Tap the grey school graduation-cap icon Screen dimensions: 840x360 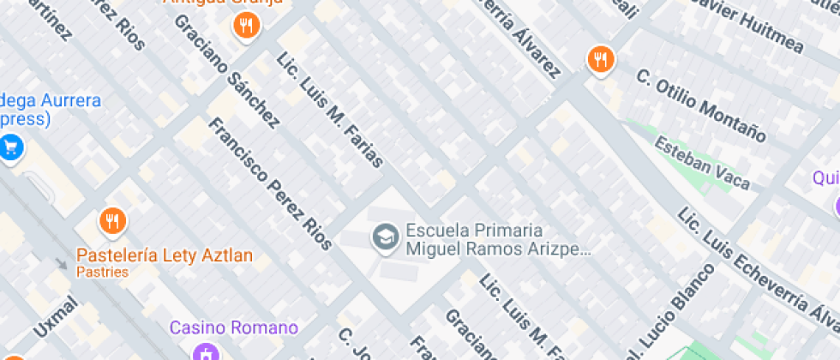pyautogui.click(x=385, y=237)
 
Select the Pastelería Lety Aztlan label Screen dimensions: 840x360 pyautogui.click(x=165, y=255)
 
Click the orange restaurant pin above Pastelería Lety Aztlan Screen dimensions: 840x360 pyautogui.click(x=112, y=222)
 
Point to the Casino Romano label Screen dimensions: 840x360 pyautogui.click(x=233, y=327)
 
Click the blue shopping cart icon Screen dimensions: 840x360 pyautogui.click(x=10, y=147)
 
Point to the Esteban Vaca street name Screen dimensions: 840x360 pyautogui.click(x=701, y=162)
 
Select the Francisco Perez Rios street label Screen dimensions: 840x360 pyautogui.click(x=269, y=185)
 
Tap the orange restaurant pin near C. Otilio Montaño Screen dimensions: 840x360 pyautogui.click(x=600, y=59)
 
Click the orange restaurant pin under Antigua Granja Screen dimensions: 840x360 pyautogui.click(x=246, y=26)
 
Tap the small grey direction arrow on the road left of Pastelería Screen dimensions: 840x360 pyautogui.click(x=61, y=263)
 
